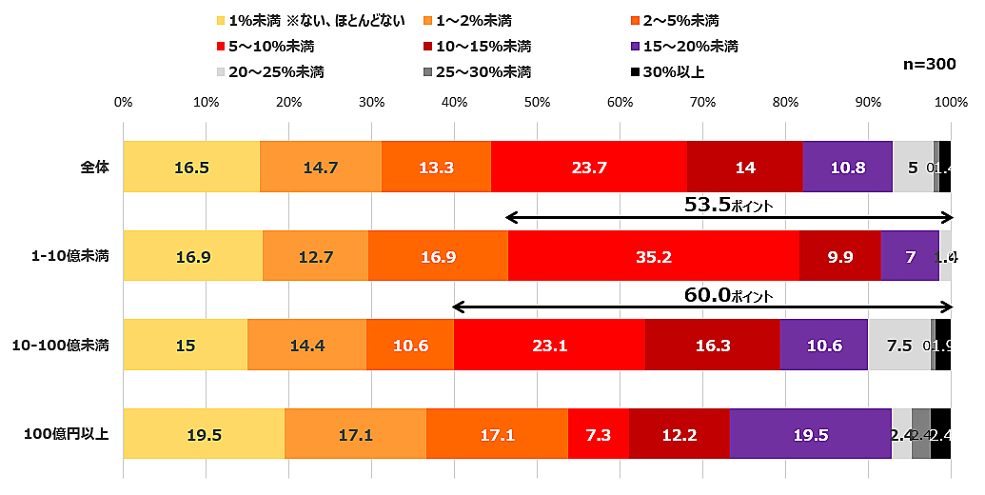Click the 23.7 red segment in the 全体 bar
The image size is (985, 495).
(x=588, y=168)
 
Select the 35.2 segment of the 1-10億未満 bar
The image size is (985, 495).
(x=654, y=256)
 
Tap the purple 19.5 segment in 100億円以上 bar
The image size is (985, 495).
(x=810, y=434)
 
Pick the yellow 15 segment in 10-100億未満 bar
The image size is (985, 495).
(x=185, y=345)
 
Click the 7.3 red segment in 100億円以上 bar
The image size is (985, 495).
(x=599, y=434)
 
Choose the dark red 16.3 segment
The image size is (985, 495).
(x=712, y=345)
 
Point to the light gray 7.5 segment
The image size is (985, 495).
(x=898, y=345)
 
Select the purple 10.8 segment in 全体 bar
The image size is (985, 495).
(x=847, y=168)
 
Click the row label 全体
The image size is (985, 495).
(x=94, y=168)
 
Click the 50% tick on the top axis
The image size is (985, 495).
(x=537, y=102)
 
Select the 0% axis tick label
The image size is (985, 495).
(x=123, y=102)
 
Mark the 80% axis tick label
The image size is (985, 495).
(x=785, y=102)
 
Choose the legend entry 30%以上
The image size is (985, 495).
(x=672, y=71)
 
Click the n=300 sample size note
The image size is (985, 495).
(x=928, y=64)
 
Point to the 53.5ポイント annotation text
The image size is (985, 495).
(x=728, y=205)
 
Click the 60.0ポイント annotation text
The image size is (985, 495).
(x=728, y=295)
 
